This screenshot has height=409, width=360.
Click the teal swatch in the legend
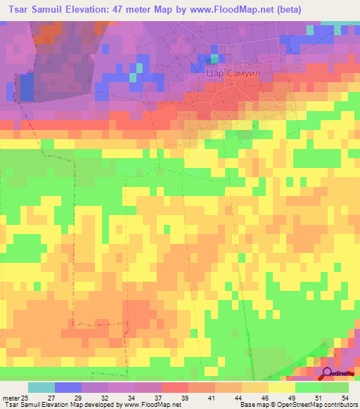pos(41,387)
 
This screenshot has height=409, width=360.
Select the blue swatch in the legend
pos(68,387)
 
